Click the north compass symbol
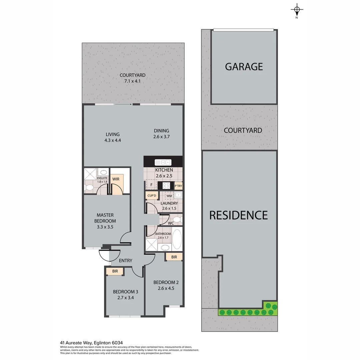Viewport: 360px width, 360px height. (297, 10)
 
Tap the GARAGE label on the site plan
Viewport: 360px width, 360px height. (244, 67)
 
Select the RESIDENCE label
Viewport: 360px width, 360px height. (238, 215)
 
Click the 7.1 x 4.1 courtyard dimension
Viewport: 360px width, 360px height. (133, 81)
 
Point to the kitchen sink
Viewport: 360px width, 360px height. (163, 162)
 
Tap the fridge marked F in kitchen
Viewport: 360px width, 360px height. (152, 185)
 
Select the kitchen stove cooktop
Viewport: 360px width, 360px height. (166, 185)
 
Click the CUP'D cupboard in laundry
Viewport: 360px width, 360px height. (151, 195)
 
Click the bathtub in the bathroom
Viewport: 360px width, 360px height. (177, 239)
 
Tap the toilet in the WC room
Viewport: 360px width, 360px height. (177, 220)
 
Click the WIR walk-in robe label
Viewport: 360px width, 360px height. (116, 179)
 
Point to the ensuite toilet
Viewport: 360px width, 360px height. (89, 188)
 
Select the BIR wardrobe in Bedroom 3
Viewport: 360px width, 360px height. (115, 272)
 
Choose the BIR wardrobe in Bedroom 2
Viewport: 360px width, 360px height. (174, 257)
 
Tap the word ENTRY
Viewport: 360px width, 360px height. (125, 261)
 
